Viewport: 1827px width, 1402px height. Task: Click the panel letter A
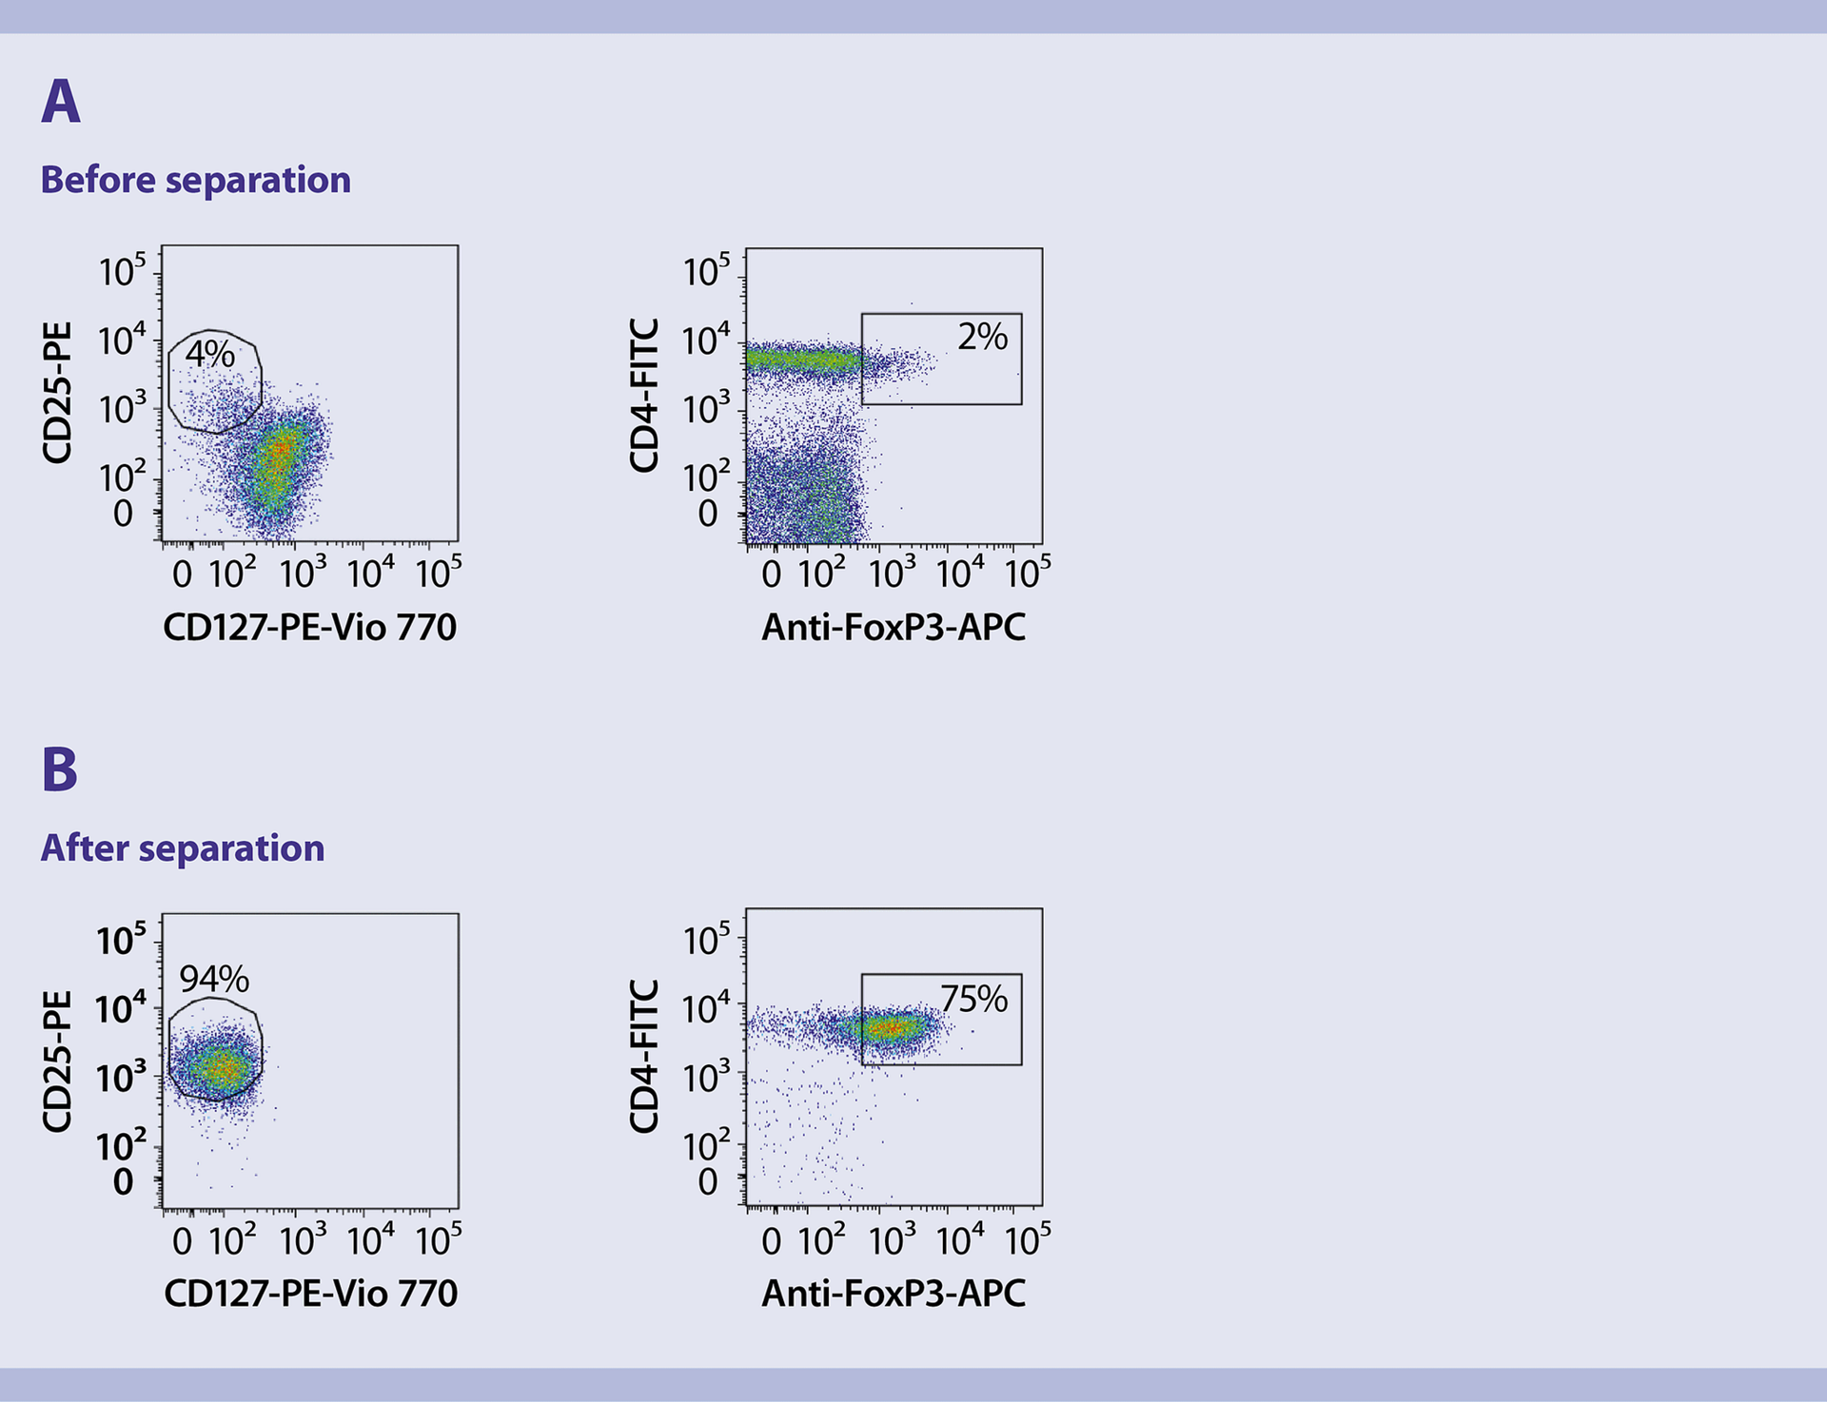pos(61,102)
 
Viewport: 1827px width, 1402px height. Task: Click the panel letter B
pos(59,769)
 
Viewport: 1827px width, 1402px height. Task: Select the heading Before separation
pos(195,180)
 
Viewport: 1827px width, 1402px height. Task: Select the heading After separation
pos(183,847)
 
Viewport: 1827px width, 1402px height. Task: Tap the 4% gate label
pos(210,354)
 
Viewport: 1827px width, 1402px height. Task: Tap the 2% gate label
pos(982,337)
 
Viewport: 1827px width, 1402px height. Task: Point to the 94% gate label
pos(214,979)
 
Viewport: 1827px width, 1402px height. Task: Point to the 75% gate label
pos(973,999)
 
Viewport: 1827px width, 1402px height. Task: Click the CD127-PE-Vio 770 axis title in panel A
pos(309,627)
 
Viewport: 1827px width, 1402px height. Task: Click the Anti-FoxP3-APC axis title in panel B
pos(894,1294)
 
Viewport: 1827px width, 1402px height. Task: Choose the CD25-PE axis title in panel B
pos(57,1061)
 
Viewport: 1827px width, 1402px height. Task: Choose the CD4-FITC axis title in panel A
pos(644,395)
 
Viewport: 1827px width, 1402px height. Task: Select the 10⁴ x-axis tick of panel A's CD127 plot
pos(370,574)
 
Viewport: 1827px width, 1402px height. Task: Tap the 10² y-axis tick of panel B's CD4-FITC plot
pos(706,1145)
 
